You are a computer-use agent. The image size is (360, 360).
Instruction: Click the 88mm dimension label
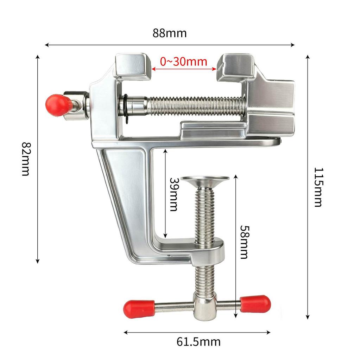pyautogui.click(x=169, y=33)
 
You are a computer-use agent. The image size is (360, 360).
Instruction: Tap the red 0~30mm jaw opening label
pyautogui.click(x=183, y=62)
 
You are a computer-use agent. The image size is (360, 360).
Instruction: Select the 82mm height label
pyautogui.click(x=26, y=159)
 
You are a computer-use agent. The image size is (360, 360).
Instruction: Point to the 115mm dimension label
pyautogui.click(x=318, y=187)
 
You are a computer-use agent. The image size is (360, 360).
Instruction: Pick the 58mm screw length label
pyautogui.click(x=244, y=242)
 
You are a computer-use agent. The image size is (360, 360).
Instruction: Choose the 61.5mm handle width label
pyautogui.click(x=198, y=342)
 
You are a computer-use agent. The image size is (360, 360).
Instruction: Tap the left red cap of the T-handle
pyautogui.click(x=139, y=309)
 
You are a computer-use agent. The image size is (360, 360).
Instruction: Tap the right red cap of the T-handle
pyautogui.click(x=255, y=304)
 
